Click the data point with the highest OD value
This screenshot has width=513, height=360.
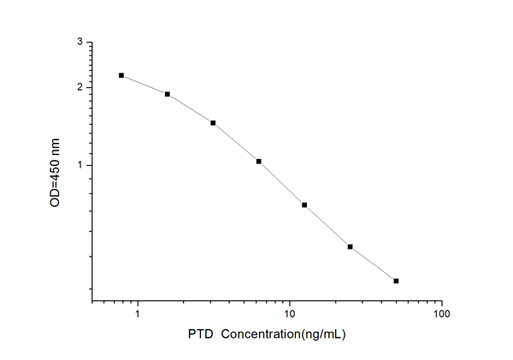click(x=121, y=75)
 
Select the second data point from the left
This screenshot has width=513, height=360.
click(x=168, y=94)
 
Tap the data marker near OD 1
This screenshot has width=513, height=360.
click(x=258, y=161)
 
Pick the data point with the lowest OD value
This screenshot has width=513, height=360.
click(x=396, y=280)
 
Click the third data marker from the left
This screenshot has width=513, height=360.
click(x=213, y=122)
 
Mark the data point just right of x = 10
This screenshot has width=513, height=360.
click(x=304, y=204)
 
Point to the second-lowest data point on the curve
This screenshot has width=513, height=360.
click(x=351, y=246)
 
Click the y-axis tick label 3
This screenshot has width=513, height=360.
click(x=80, y=42)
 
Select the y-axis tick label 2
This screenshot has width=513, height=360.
click(x=80, y=87)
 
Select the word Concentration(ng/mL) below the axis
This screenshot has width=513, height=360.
click(x=283, y=335)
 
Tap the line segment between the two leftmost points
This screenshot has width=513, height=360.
click(x=144, y=85)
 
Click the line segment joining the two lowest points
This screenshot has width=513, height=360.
click(x=374, y=263)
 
